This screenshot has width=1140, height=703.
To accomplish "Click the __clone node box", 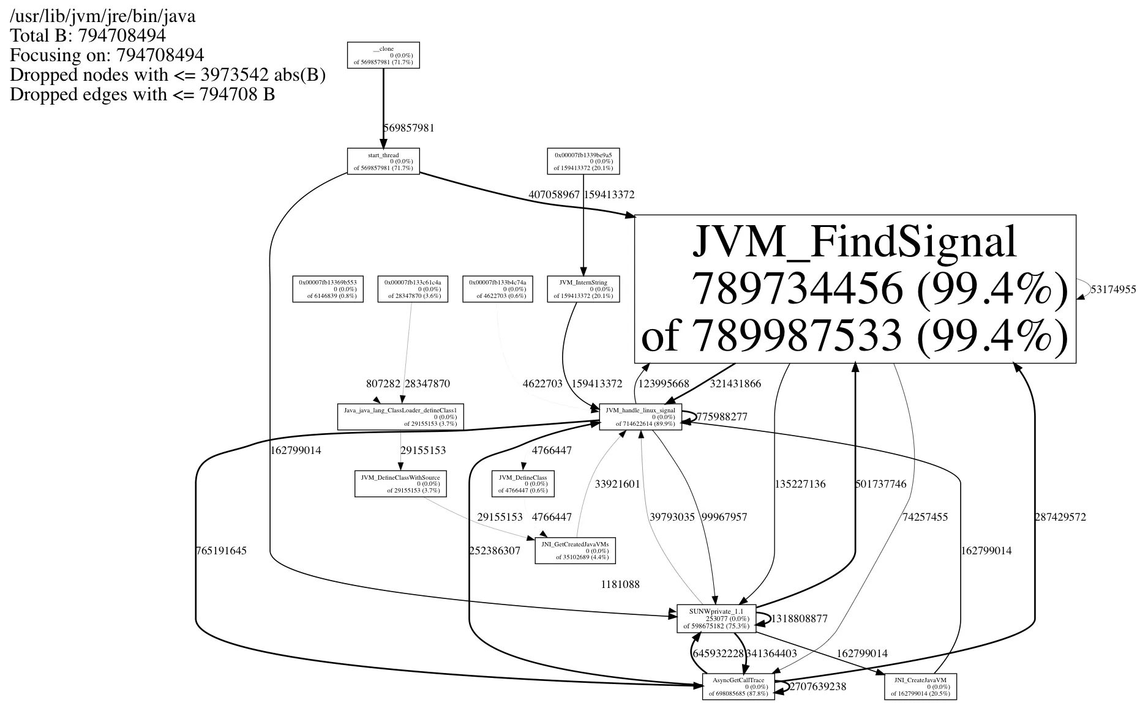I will coord(383,55).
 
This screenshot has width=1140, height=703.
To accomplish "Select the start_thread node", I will coord(383,162).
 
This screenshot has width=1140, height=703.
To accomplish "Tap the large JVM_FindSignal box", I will coord(855,289).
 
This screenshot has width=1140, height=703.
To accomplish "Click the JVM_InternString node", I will coord(583,289).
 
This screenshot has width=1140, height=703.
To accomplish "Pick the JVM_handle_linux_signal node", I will coord(640,417).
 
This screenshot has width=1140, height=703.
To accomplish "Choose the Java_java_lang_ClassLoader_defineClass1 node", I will coord(400,417).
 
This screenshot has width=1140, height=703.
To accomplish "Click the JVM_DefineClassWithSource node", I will coord(400,483).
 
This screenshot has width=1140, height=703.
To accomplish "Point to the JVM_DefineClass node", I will coord(523,483).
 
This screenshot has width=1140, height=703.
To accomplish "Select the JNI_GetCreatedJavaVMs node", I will coord(575,550).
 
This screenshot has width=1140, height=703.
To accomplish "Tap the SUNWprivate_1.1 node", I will coord(716,619).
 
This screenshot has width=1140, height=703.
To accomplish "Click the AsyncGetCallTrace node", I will coord(738,686).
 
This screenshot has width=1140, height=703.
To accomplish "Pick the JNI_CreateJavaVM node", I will coord(920,686).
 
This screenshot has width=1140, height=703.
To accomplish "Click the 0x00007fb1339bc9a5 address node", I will coord(583,162).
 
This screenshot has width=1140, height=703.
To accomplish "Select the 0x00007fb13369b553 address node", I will coord(328,289).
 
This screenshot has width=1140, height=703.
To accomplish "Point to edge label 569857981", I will coord(409,128).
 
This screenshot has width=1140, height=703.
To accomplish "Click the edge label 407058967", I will coord(553,195).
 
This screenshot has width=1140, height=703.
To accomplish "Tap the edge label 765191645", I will coord(221,551).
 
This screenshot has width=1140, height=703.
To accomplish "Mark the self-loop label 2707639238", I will coord(818,686).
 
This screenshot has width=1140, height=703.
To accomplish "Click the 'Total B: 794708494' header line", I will coord(88,35).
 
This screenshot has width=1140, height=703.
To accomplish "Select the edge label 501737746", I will coord(880,484).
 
